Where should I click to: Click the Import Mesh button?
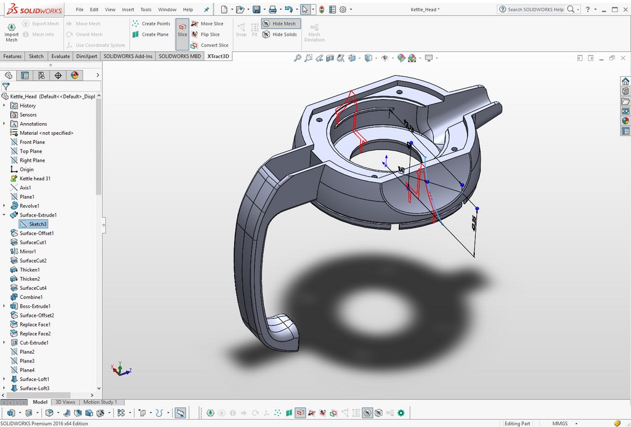11,32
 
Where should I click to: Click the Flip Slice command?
210,34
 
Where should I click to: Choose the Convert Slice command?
214,45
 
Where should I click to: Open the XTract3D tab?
218,56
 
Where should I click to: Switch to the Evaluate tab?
60,56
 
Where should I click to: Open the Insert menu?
128,9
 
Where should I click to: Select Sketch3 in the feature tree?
38,224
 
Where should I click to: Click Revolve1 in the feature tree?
29,206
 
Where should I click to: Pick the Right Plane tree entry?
32,160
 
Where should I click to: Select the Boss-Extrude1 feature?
35,306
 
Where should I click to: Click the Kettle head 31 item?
35,178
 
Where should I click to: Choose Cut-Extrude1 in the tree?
33,343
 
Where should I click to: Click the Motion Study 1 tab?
100,402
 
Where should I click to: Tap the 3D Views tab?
65,402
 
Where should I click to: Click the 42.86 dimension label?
474,223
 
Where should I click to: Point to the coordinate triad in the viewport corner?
120,369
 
